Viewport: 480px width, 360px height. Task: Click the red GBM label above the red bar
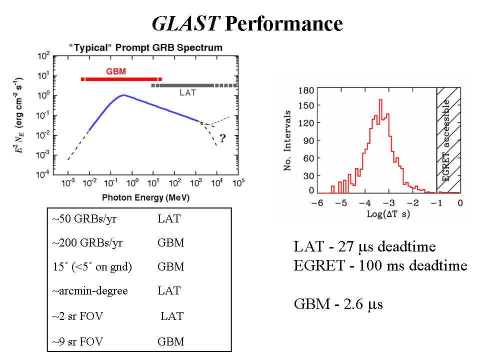tap(115, 71)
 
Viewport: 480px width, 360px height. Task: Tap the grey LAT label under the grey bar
tap(187, 92)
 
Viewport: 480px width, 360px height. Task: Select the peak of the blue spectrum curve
tap(123, 95)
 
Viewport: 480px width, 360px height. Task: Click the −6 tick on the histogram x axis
tap(316, 203)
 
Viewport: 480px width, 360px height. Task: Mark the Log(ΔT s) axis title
tap(388, 214)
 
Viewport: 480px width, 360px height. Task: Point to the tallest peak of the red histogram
tap(380, 101)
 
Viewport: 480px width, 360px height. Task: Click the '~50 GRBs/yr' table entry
tap(78, 218)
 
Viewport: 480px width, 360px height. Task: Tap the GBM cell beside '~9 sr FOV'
tap(170, 342)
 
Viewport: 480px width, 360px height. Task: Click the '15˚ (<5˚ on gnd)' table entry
tap(91, 267)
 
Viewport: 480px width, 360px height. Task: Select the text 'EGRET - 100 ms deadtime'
tap(380, 265)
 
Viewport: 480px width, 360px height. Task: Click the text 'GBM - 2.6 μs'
tap(338, 304)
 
